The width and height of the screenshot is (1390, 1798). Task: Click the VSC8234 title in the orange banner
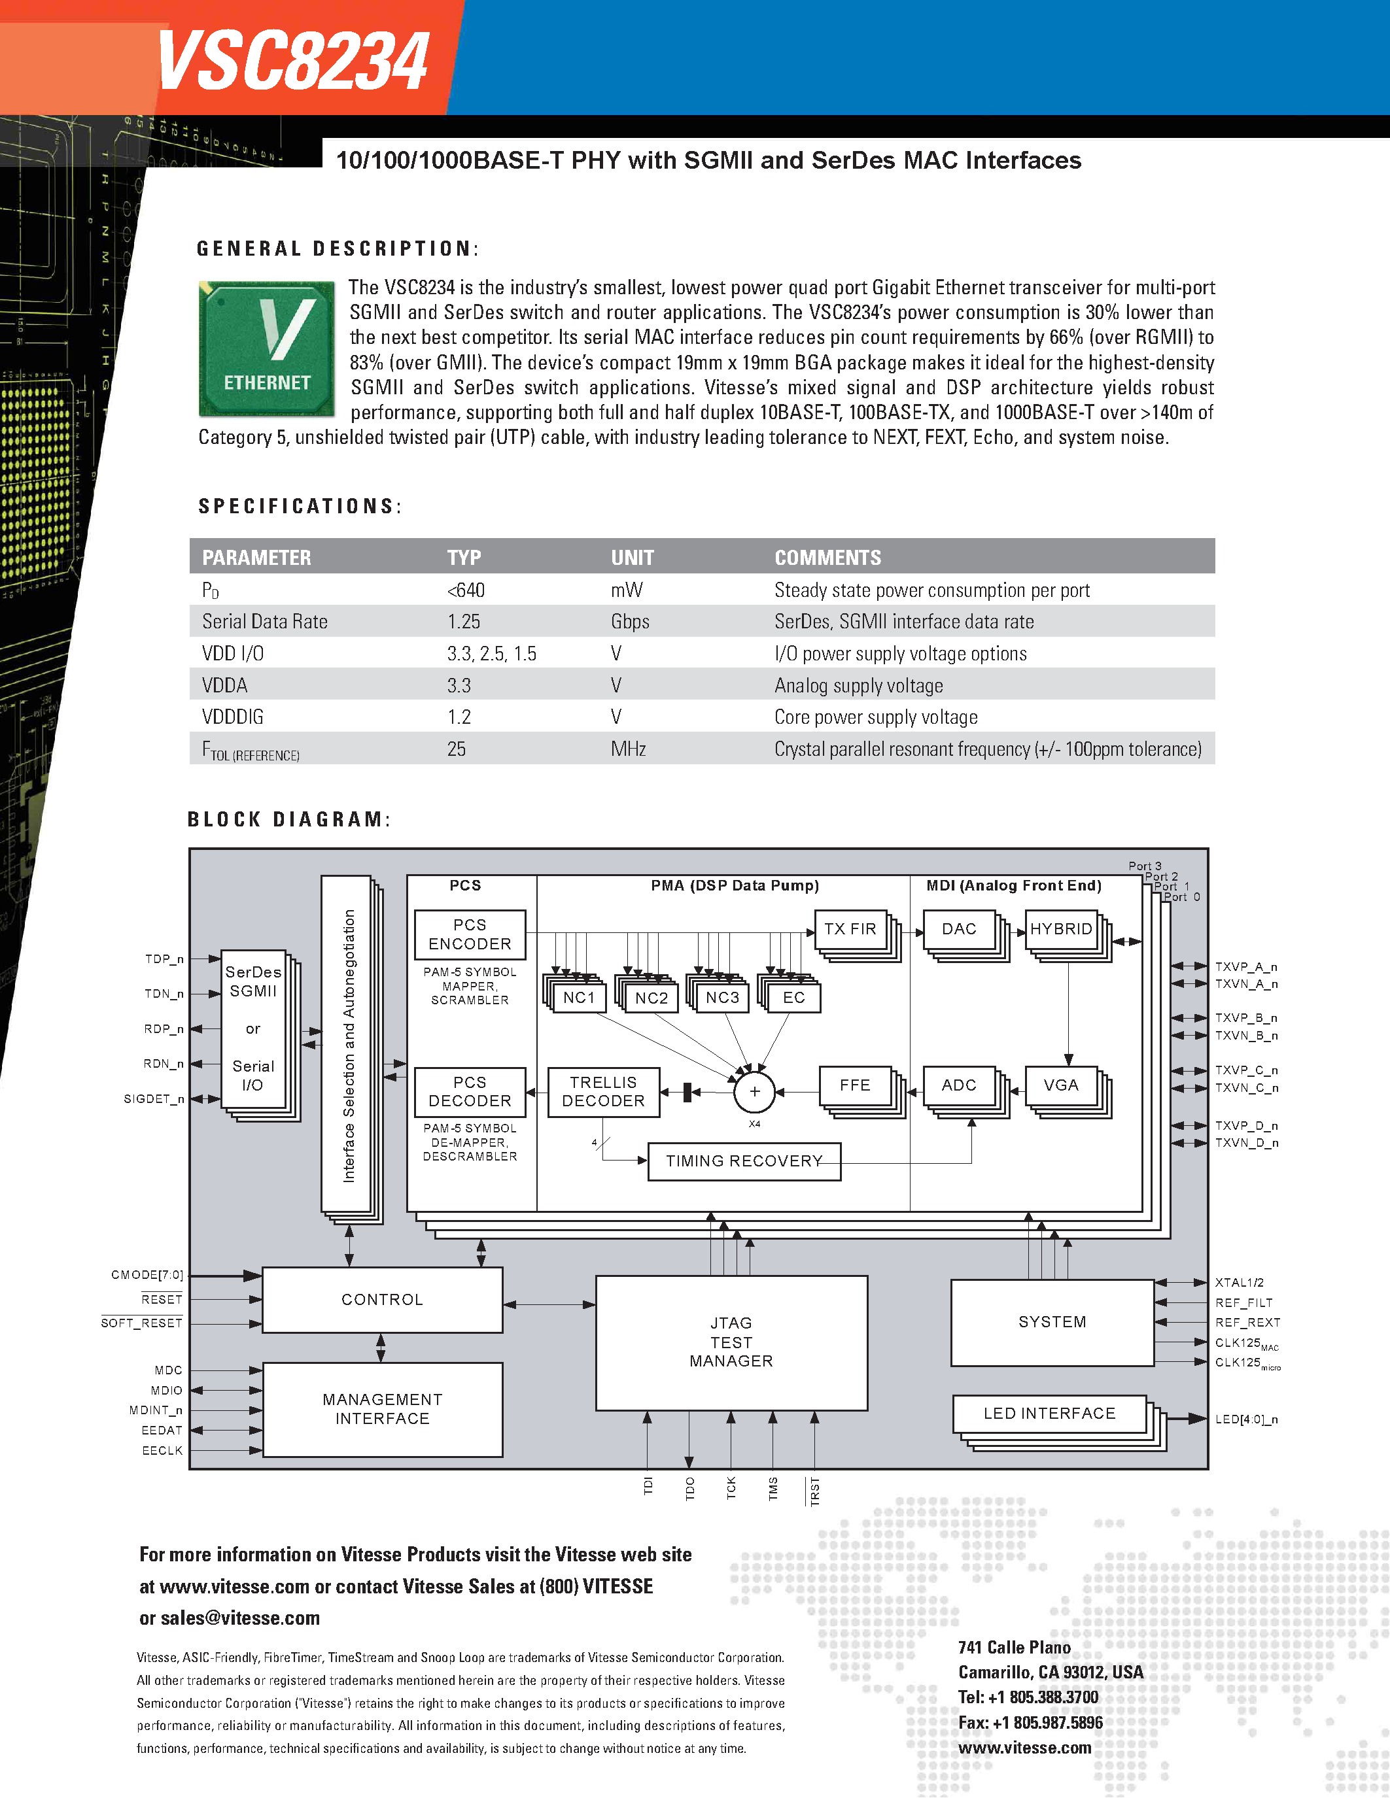point(292,61)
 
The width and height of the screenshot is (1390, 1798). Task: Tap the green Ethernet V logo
point(267,348)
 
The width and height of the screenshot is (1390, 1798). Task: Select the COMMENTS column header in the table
point(827,557)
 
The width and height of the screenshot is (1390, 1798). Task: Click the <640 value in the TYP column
point(466,590)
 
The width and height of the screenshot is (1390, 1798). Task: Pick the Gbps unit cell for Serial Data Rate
point(630,622)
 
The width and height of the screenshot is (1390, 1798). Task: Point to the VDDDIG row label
point(232,717)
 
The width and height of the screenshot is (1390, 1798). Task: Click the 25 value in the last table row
point(456,749)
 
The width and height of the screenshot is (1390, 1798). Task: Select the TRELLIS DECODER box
point(604,1092)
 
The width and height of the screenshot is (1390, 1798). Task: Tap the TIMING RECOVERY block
point(744,1161)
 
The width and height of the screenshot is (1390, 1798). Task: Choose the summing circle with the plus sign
point(754,1093)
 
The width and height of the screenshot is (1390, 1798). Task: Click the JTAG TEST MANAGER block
point(731,1342)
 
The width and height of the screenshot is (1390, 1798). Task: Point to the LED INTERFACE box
point(1049,1414)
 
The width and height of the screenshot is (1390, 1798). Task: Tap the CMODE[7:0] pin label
point(147,1275)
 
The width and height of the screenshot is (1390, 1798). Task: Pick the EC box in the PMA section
point(793,998)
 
